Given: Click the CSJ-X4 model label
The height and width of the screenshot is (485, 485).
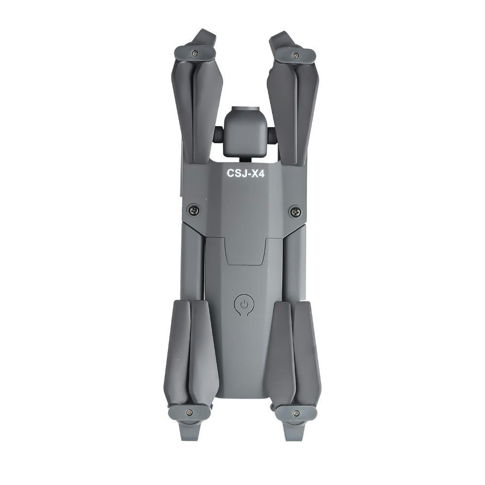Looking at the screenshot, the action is click(x=245, y=173).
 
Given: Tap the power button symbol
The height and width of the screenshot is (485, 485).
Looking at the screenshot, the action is click(x=244, y=305).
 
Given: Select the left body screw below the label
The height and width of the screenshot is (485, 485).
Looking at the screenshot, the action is click(x=194, y=210).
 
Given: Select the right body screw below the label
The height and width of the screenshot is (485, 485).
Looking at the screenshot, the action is click(x=295, y=211).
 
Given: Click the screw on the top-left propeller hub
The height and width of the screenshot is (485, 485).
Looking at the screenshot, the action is click(x=194, y=53).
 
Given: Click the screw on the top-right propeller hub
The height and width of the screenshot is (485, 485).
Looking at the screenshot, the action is click(x=296, y=55).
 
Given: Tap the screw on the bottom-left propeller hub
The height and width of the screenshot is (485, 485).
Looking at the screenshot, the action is click(x=189, y=412).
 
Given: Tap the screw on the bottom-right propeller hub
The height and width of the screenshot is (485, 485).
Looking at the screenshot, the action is click(x=296, y=413).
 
